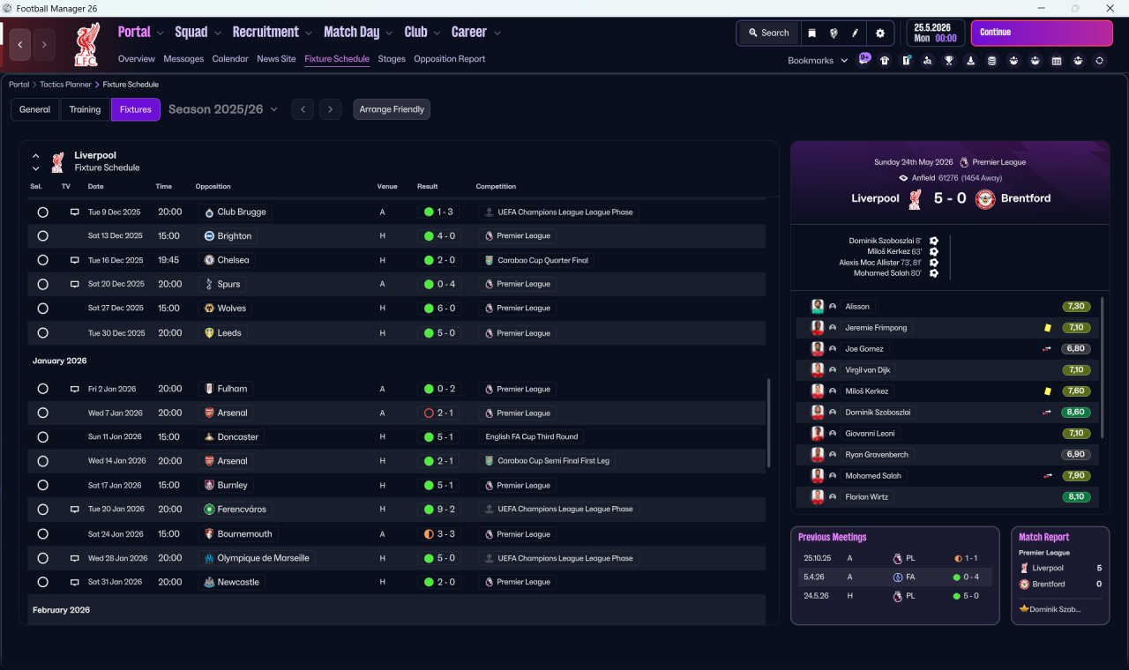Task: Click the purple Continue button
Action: click(1042, 33)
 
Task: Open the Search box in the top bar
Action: click(768, 33)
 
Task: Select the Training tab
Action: click(85, 109)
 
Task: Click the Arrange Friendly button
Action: click(392, 109)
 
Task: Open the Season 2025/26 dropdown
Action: click(223, 109)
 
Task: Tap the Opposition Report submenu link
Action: click(449, 59)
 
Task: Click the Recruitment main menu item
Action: click(265, 33)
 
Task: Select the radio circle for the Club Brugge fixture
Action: click(43, 212)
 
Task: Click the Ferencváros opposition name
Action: click(242, 510)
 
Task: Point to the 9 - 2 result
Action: click(445, 510)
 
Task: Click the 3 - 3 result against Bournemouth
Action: click(445, 534)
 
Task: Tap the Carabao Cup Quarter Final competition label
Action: click(542, 260)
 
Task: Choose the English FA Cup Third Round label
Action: click(531, 436)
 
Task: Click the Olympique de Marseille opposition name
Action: click(263, 558)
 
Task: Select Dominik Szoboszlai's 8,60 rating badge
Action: click(1075, 412)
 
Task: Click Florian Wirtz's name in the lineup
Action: click(866, 496)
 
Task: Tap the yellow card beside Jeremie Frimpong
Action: click(1048, 328)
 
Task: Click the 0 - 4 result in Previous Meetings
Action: click(971, 577)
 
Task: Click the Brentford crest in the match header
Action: click(985, 199)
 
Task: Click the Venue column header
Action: click(387, 186)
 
